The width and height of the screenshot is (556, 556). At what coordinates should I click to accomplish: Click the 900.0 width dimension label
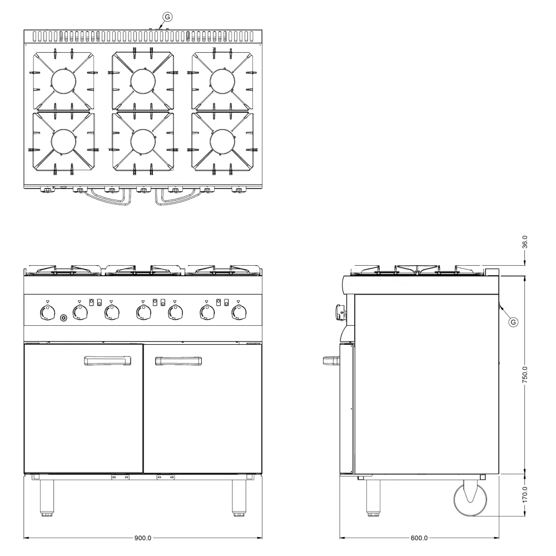(142, 538)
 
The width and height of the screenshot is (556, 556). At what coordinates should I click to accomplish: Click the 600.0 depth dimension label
(419, 538)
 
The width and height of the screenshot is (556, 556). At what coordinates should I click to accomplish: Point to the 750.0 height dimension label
(525, 374)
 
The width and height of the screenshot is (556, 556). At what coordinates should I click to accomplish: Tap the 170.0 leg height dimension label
(525, 494)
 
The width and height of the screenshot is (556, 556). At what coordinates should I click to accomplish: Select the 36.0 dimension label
(525, 242)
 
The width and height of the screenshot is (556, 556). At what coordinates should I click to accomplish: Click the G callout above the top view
(167, 17)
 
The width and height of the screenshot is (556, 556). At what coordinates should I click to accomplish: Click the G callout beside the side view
(513, 322)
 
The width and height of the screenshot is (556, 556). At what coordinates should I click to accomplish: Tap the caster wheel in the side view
(470, 499)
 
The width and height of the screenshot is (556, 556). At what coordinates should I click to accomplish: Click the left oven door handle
(107, 361)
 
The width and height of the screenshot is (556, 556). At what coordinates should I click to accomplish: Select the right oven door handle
(178, 361)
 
